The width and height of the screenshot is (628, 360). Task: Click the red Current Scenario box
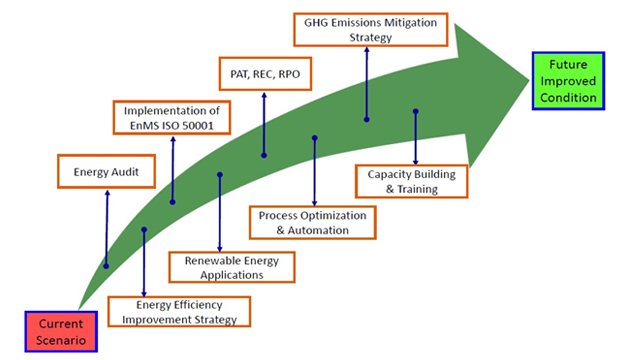(x=61, y=330)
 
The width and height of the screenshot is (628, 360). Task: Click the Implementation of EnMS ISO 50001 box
(x=170, y=118)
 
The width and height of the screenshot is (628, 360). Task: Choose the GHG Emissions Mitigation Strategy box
(x=371, y=28)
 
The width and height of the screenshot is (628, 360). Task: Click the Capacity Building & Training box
(x=411, y=181)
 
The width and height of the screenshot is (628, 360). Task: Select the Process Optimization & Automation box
(x=312, y=222)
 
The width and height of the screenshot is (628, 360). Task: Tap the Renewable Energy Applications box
(x=231, y=267)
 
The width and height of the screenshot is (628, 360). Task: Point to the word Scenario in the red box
(x=61, y=340)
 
